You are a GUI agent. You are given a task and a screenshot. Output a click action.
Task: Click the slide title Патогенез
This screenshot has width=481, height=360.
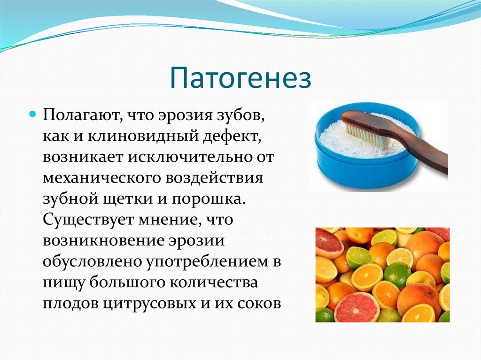pos(240,78)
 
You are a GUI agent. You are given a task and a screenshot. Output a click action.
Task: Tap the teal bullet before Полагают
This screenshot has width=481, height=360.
pos(32,114)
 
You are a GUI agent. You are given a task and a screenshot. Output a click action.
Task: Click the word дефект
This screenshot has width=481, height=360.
pos(231,136)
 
